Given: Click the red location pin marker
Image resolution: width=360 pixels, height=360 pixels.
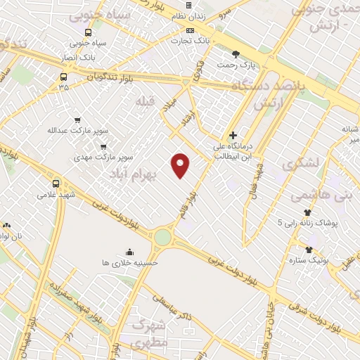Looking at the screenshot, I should tap(181, 165).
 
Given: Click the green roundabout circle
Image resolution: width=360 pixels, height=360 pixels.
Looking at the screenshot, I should tap(163, 237).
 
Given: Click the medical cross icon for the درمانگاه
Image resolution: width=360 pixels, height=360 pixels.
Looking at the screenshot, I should tap(233, 136).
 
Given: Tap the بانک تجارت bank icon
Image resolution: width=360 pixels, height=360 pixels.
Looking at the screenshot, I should tap(191, 31).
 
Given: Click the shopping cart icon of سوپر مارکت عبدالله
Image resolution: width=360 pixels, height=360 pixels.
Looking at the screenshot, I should tap(77, 120).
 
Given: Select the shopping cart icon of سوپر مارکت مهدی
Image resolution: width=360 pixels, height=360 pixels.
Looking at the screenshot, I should tap(103, 147).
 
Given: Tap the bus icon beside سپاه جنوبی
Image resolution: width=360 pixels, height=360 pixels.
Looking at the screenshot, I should tap(88, 32).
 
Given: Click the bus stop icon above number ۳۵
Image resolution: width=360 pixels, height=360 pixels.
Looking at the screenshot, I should tap(64, 77).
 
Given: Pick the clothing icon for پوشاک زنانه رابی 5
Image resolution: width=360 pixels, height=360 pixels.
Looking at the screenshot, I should tap(307, 212).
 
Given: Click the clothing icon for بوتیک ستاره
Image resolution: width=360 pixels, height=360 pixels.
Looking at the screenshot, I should tap(309, 249).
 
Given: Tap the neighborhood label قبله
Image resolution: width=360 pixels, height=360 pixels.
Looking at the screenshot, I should tap(145, 101).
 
